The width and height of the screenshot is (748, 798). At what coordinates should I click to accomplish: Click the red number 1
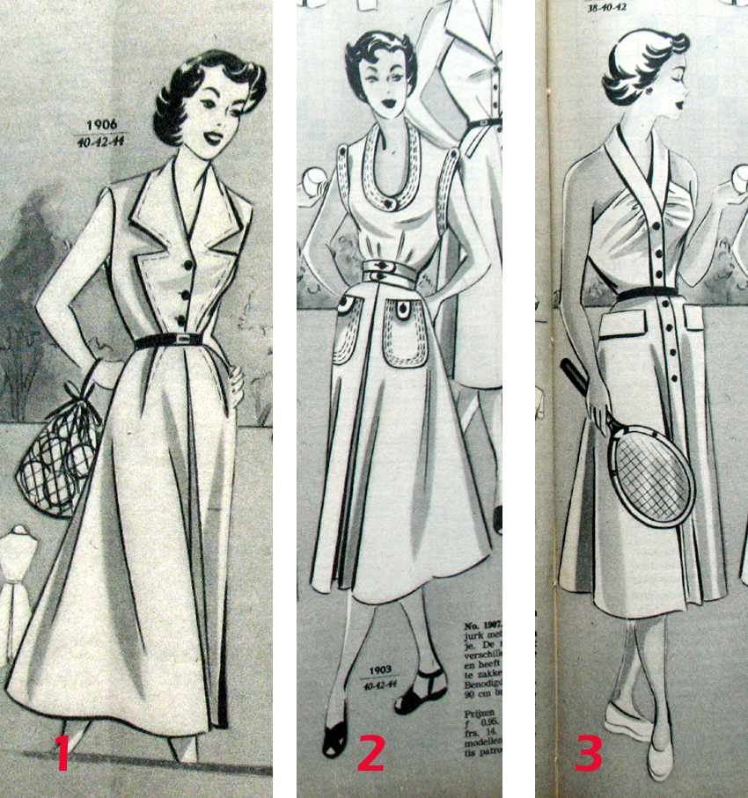[62, 753]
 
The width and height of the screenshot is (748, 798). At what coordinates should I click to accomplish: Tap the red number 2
[371, 753]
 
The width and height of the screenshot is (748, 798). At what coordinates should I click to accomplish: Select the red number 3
[590, 753]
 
